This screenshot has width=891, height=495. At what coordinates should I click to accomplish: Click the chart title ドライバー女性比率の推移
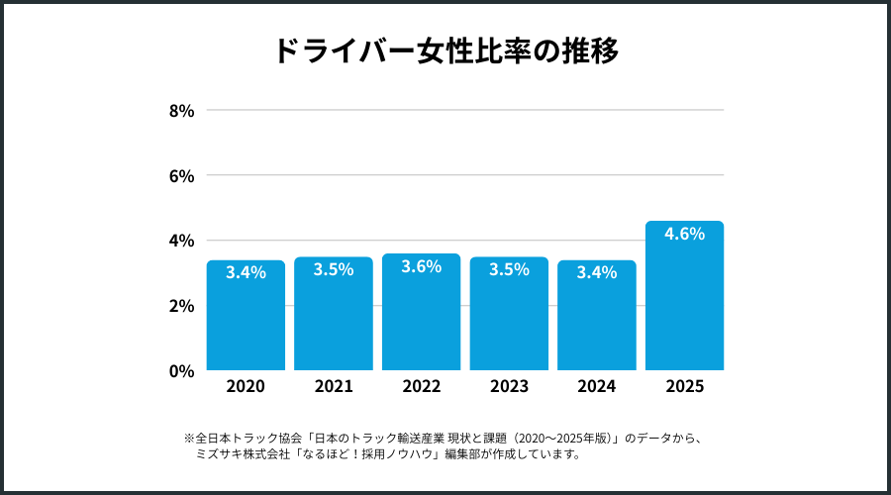tap(445, 50)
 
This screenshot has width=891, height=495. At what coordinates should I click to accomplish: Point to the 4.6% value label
tap(684, 235)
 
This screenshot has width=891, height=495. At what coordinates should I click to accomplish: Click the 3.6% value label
tap(421, 267)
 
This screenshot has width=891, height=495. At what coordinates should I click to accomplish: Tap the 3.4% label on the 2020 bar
tap(246, 273)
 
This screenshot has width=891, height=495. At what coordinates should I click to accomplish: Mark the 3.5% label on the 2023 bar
tap(509, 270)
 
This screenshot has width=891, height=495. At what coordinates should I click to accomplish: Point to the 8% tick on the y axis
tap(181, 111)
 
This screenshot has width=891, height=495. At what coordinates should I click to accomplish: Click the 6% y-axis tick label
tap(181, 176)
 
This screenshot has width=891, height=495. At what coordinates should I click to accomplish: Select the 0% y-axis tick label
tap(181, 371)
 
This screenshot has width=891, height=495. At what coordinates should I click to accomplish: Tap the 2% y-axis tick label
tap(181, 306)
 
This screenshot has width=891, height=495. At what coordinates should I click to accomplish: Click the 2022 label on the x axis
tap(421, 387)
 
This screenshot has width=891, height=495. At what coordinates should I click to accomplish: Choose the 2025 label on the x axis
tap(684, 387)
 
